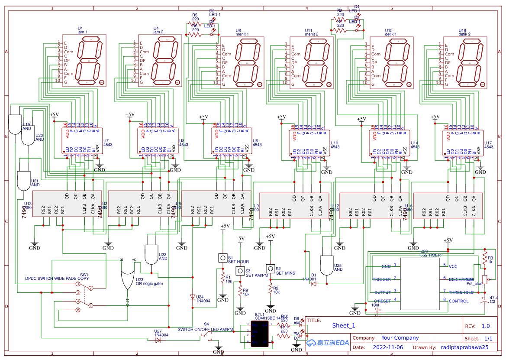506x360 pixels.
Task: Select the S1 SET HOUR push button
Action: (223, 258)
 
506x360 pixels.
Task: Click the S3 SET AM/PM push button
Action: (240, 271)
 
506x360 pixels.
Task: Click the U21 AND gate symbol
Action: (23, 181)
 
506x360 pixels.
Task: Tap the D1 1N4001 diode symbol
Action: (314, 284)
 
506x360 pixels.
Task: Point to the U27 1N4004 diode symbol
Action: (158, 340)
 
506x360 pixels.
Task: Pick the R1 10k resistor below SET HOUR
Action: (223, 277)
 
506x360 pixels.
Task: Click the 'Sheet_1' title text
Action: (344, 326)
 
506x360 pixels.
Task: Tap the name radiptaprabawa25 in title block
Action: (465, 347)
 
